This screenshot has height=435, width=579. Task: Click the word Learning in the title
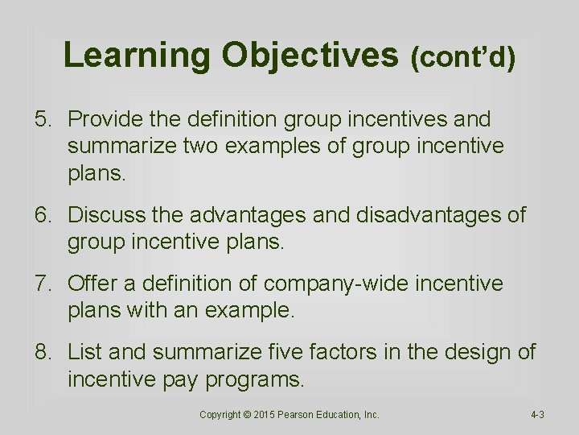tap(137, 55)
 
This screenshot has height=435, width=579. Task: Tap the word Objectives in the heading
tap(309, 55)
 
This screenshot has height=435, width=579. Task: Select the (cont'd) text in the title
tap(462, 58)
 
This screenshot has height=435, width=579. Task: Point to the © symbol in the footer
tap(248, 415)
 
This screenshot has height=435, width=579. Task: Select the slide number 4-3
tap(537, 415)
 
